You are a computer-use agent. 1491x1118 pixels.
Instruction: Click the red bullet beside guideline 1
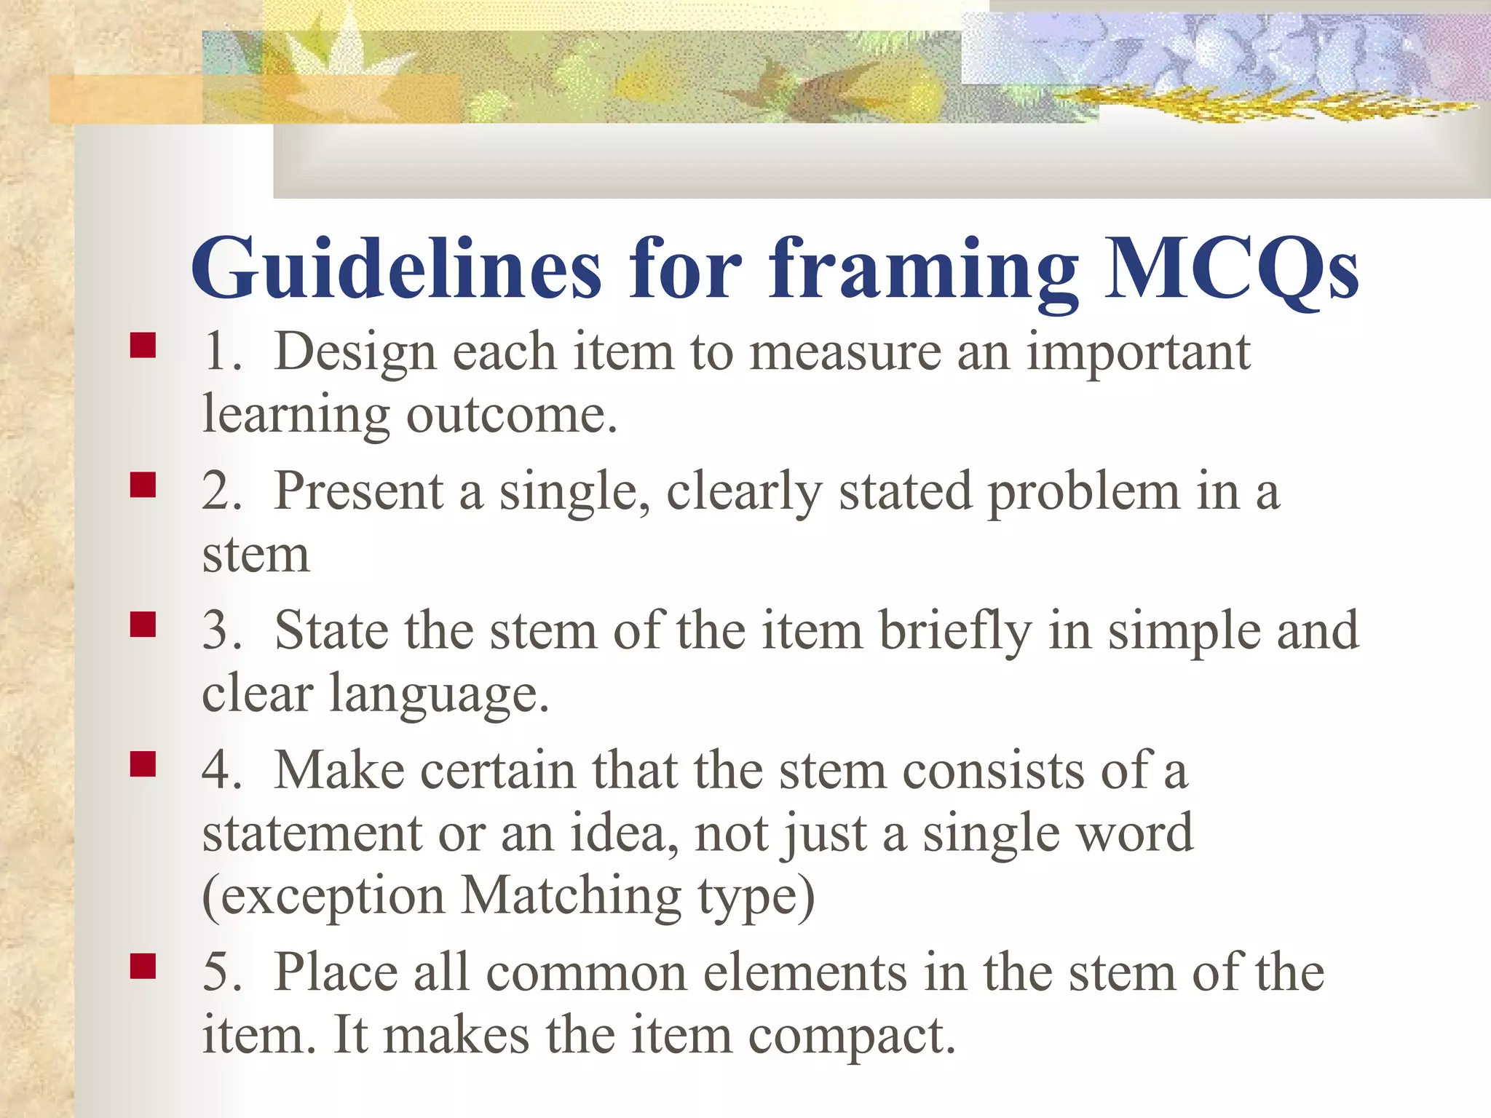point(143,345)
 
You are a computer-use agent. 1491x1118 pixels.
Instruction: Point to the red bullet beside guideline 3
point(143,625)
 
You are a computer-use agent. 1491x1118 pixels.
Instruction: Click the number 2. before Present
point(221,491)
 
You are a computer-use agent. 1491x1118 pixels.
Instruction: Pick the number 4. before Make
point(221,771)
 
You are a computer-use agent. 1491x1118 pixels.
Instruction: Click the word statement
point(312,833)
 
